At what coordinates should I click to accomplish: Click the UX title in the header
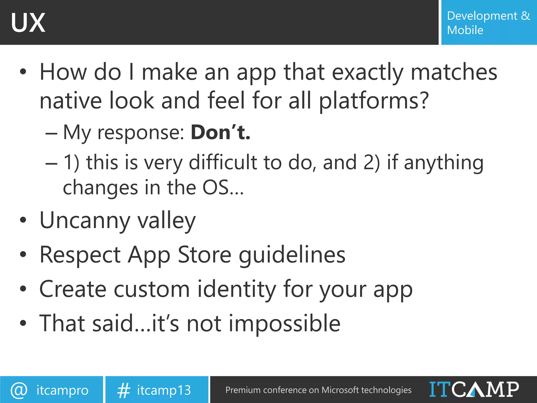28,23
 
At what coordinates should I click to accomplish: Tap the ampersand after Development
525,16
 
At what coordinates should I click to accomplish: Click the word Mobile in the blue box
465,30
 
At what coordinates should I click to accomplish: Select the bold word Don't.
221,132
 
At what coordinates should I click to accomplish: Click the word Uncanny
85,220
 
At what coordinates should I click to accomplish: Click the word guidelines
292,255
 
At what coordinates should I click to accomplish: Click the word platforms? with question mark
374,101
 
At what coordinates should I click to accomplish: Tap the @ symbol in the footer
19,390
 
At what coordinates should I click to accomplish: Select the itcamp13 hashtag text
164,390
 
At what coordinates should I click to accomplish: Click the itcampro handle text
62,390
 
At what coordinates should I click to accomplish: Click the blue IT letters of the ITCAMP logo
440,389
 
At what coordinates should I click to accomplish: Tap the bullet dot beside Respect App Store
23,254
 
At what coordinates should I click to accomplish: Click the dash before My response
51,133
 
